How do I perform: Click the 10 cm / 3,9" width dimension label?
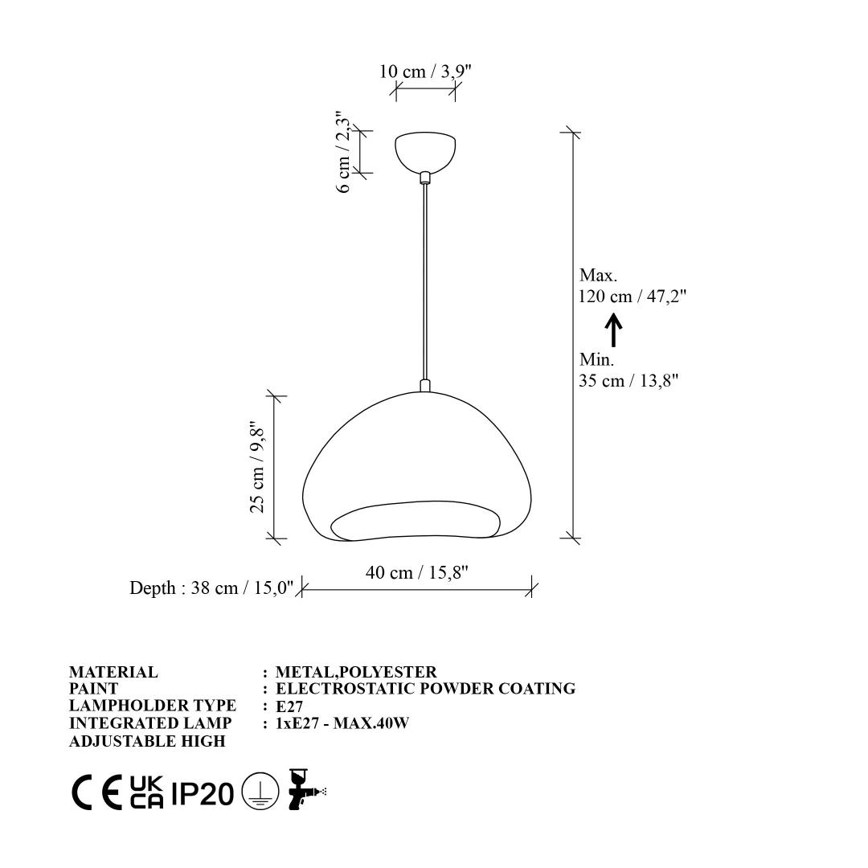425,72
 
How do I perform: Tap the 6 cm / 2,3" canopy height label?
344,151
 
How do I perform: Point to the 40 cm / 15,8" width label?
417,572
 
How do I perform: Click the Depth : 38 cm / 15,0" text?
211,588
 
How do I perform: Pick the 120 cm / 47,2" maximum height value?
633,296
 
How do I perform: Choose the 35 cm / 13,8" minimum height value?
628,381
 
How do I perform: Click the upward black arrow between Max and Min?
613,330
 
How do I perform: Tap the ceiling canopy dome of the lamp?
425,151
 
